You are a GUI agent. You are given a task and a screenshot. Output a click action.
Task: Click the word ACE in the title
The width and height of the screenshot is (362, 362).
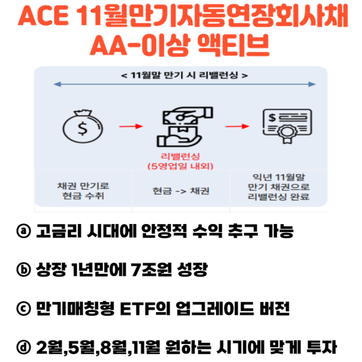pos(43,16)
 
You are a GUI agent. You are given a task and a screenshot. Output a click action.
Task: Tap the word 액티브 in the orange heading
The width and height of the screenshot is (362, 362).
pos(233,45)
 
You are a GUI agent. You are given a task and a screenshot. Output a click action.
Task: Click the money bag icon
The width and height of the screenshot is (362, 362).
pos(82,126)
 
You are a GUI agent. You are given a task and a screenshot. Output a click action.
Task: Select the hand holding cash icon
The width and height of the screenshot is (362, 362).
pos(185,127)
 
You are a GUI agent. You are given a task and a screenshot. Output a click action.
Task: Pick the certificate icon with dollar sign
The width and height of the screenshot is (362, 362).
pos(287,126)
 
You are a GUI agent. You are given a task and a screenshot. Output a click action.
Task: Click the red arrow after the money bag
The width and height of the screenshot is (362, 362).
pos(131,126)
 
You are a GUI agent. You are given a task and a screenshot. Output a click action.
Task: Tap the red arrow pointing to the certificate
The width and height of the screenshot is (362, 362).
pos(237,126)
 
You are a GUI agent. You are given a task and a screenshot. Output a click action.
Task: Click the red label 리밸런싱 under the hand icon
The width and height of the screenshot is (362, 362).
pos(180,156)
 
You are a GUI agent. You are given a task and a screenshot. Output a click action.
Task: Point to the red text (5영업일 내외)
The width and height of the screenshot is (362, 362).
pos(180,166)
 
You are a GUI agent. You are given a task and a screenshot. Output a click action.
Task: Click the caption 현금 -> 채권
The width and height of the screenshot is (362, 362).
pos(181,191)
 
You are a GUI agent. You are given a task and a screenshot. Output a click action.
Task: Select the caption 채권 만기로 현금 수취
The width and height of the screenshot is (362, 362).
pos(83,191)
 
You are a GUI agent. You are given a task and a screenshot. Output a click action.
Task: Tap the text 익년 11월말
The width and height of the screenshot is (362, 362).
pos(278,177)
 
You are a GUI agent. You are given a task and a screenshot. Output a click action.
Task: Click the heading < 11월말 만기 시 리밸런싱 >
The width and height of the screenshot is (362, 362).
pos(184,76)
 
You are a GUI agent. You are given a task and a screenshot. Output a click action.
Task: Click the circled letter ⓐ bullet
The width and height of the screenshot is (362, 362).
pos(24,231)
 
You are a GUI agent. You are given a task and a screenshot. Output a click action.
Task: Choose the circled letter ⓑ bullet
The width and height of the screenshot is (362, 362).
pos(24,270)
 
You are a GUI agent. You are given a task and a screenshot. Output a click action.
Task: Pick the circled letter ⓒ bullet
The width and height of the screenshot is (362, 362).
pos(24,308)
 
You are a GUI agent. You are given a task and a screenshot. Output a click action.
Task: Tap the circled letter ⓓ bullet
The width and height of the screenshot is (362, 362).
pos(24,347)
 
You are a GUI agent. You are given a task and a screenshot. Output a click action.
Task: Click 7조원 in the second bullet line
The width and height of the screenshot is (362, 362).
pos(152,270)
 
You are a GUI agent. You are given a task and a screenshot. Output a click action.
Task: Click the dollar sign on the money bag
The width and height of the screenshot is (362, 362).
pos(82,129)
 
